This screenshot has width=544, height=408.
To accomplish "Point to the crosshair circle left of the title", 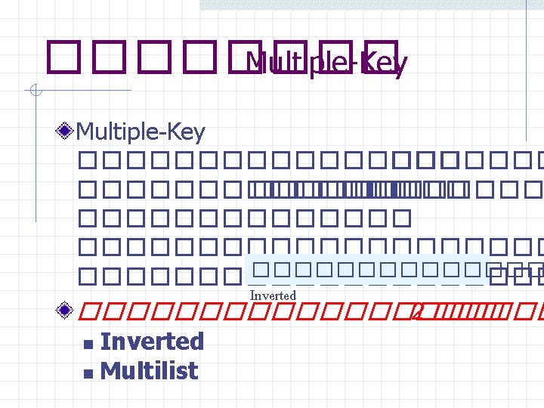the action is click(x=35, y=92).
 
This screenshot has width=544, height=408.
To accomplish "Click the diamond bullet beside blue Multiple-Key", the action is click(x=67, y=132).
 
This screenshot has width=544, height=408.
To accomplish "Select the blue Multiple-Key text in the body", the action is click(x=141, y=133).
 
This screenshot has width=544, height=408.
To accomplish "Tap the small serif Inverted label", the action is click(x=272, y=295).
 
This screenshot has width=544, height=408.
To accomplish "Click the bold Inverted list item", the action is click(x=152, y=342).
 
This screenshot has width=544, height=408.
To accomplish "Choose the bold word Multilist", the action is click(x=149, y=371).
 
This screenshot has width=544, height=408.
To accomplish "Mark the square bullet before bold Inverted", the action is click(x=88, y=345).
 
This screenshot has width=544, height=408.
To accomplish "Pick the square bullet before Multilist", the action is click(x=88, y=373).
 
